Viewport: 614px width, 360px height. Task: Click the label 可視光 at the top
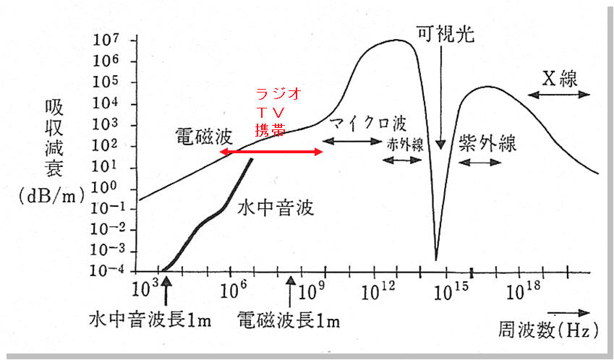445,33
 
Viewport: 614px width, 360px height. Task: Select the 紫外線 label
487,143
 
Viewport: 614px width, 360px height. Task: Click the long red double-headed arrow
272,152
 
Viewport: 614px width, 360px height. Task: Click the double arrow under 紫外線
481,162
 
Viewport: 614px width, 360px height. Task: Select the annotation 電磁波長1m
289,320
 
